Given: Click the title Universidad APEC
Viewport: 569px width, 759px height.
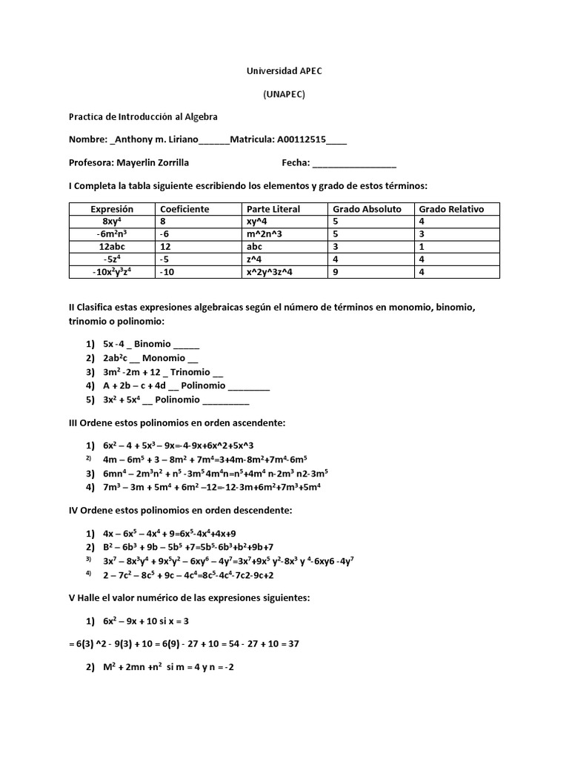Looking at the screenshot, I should (284, 70).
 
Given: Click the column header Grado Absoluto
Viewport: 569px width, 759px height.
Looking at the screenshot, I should (367, 209).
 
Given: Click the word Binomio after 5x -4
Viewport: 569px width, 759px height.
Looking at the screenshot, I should (153, 345).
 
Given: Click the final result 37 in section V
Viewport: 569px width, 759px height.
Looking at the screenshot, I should (293, 643).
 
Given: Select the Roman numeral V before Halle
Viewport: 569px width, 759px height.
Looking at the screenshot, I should (71, 598).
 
